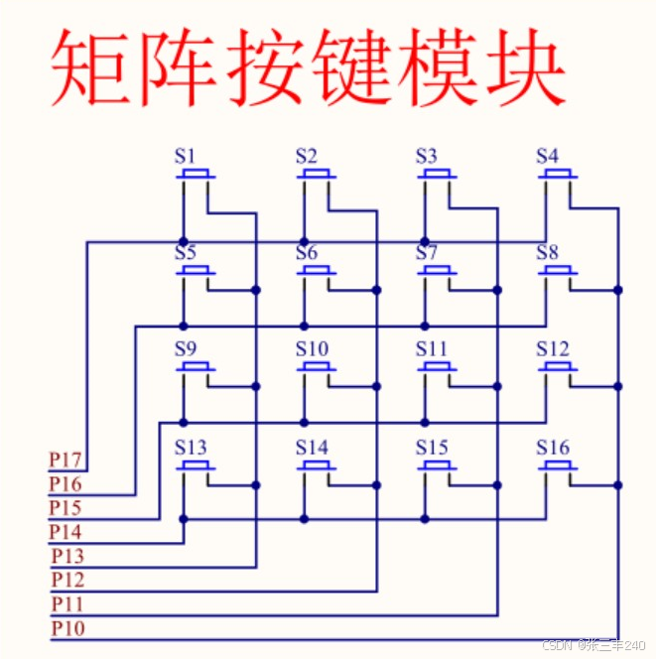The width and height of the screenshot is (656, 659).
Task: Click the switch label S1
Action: pyautogui.click(x=186, y=156)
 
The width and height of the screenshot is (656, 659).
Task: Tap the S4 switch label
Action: pyautogui.click(x=547, y=156)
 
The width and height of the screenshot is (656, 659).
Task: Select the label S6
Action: pyautogui.click(x=307, y=253)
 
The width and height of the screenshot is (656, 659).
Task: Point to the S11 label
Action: pyautogui.click(x=432, y=349)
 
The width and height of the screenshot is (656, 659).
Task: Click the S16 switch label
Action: pyautogui.click(x=553, y=448)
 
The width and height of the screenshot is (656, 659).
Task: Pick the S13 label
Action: pyautogui.click(x=191, y=448)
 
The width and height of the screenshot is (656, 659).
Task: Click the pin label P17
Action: pyautogui.click(x=66, y=461)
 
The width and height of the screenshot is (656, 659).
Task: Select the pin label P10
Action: pyautogui.click(x=67, y=628)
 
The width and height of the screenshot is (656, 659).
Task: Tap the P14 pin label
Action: pyautogui.click(x=66, y=532)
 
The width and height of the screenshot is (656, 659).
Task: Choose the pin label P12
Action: pyautogui.click(x=67, y=580)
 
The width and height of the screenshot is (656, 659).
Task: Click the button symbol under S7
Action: pyautogui.click(x=437, y=271)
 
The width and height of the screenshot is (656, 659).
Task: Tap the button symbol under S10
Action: pyautogui.click(x=317, y=368)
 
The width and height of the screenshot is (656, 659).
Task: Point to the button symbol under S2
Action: pyautogui.click(x=317, y=175)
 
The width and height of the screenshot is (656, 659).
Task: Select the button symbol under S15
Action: pyautogui.click(x=437, y=465)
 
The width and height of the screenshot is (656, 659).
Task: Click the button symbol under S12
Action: pyautogui.click(x=558, y=368)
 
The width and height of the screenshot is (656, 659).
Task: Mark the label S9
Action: pyautogui.click(x=186, y=349)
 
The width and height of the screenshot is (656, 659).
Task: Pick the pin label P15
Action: pyautogui.click(x=66, y=508)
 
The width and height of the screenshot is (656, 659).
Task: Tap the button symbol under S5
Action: pyautogui.click(x=196, y=271)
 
